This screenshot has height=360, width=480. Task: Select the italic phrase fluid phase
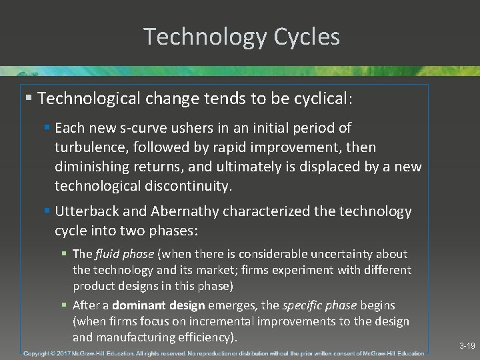tap(125, 254)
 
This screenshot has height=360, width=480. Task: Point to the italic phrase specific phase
tap(320, 305)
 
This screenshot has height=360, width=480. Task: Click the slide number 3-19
tap(467, 347)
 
